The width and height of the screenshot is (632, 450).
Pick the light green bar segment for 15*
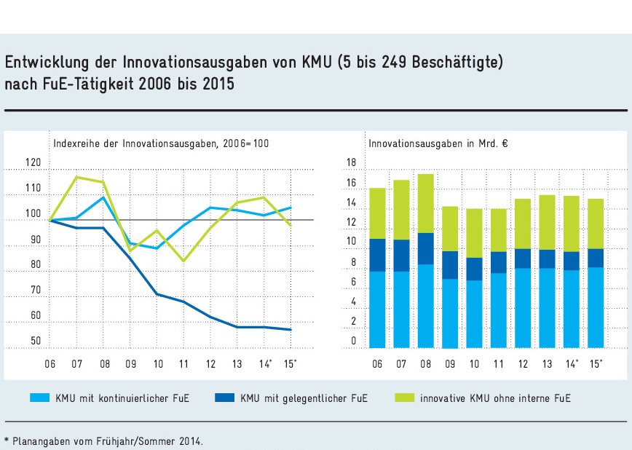point(596,224)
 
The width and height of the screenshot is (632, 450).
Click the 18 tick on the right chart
point(351,162)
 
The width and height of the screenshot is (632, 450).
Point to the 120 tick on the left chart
point(33,163)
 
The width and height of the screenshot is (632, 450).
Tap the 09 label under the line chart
point(131,363)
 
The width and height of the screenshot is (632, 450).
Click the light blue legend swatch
point(39,398)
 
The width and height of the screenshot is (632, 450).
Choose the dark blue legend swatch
point(224,398)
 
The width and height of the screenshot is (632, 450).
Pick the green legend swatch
point(403,398)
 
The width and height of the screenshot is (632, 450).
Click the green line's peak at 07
point(77,177)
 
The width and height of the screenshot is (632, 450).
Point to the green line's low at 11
point(184,261)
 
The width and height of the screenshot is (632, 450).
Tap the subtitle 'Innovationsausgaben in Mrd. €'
point(438,143)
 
